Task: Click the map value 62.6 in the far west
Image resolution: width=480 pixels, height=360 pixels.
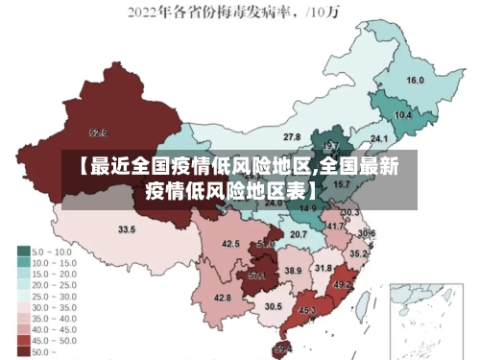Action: click(98, 132)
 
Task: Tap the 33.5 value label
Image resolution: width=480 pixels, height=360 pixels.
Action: click(127, 229)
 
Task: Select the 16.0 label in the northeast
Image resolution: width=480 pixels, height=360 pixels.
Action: click(416, 81)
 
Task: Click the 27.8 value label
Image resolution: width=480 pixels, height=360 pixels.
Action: click(292, 137)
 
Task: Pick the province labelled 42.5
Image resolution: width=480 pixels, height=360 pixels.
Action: click(230, 244)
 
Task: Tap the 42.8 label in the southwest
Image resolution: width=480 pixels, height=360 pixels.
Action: click(222, 299)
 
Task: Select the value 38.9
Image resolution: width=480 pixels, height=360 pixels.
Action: click(292, 272)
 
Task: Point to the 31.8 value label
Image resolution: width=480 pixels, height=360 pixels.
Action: click(324, 268)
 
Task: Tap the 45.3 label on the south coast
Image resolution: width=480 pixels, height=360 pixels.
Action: click(307, 311)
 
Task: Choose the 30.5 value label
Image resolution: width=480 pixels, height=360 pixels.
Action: click(274, 306)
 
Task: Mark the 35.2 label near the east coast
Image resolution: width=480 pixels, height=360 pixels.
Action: click(357, 254)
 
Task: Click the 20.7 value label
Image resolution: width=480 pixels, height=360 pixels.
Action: click(299, 234)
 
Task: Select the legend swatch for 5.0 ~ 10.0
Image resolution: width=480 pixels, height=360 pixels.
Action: click(23, 251)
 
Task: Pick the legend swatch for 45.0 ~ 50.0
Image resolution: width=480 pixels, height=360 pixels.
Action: click(23, 340)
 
